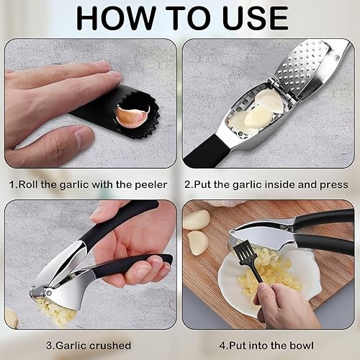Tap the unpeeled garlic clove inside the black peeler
132,117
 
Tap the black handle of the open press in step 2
208,152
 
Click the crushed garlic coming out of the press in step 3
55,310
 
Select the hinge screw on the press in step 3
49,292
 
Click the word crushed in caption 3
110,346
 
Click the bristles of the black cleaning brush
243,253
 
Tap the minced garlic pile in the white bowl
266,271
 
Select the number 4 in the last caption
222,346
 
